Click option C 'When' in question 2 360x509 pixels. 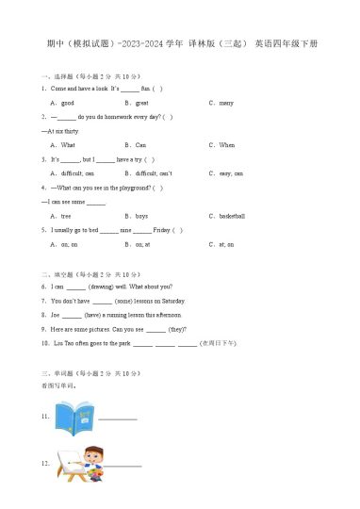click(x=224, y=145)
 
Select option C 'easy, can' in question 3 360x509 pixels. click(x=228, y=173)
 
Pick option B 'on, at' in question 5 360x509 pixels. click(x=140, y=244)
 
